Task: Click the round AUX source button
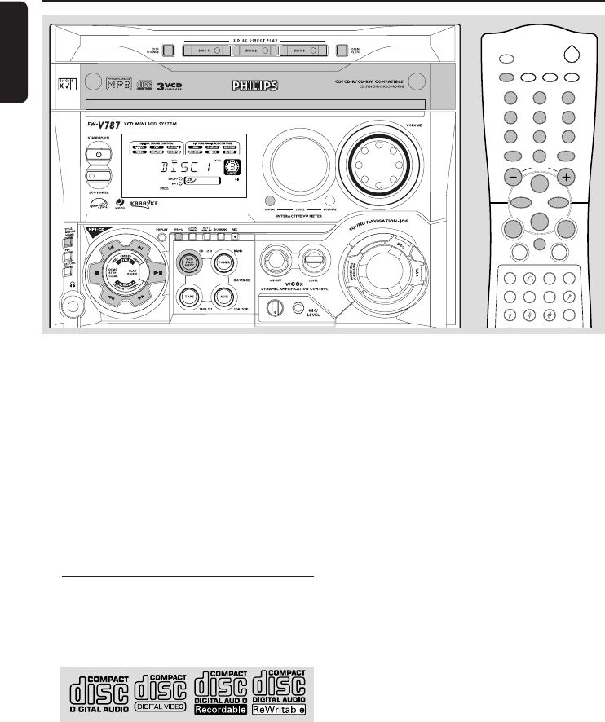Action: [223, 295]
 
